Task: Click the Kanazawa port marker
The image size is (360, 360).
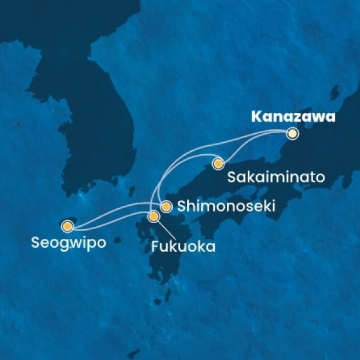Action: pos(292,134)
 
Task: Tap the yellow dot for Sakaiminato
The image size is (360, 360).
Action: pos(218,163)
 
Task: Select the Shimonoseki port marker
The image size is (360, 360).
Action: pos(166,206)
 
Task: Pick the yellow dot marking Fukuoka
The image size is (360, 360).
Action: pos(154,216)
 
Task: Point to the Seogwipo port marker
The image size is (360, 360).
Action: pos(67,226)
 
